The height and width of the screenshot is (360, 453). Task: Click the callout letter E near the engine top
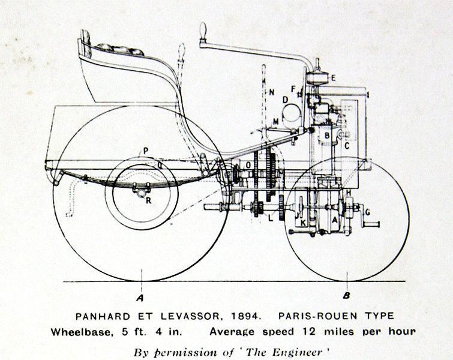pyautogui.click(x=334, y=77)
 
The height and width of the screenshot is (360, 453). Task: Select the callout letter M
pyautogui.click(x=275, y=122)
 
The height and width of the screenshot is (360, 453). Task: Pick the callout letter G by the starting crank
pyautogui.click(x=368, y=212)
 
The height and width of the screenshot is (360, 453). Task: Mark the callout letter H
pyautogui.click(x=349, y=192)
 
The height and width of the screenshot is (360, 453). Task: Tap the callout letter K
pyautogui.click(x=304, y=222)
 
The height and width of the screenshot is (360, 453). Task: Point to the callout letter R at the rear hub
pyautogui.click(x=148, y=200)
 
